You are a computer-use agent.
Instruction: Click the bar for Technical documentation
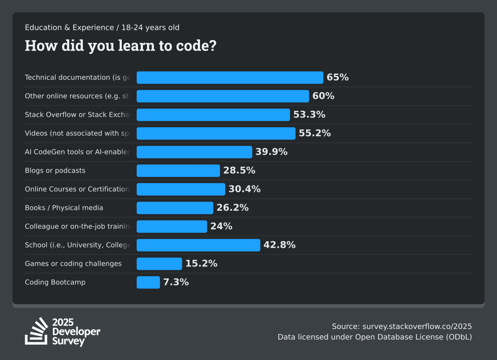point(230,77)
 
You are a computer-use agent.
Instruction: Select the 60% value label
point(323,96)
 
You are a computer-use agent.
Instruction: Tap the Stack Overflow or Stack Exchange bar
point(213,115)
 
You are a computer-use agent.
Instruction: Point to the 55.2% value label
point(315,133)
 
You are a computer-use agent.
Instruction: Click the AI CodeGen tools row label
point(77,152)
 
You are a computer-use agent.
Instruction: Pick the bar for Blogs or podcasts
point(178,170)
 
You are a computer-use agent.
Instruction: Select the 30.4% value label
point(245,189)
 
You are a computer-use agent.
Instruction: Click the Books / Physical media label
point(64,208)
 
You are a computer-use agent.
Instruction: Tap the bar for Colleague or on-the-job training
point(172,226)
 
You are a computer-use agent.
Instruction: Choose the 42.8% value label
point(280,245)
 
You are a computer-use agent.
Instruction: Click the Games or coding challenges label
point(73,264)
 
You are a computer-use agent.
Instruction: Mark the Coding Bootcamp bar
point(148,282)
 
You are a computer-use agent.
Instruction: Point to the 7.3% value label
point(176,282)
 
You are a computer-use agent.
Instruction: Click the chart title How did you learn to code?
point(121,46)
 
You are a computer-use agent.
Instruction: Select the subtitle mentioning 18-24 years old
point(102,28)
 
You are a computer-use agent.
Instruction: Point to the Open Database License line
point(375,337)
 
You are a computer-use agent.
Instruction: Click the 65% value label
point(338,77)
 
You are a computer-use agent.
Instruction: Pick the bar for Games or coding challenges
point(159,264)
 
